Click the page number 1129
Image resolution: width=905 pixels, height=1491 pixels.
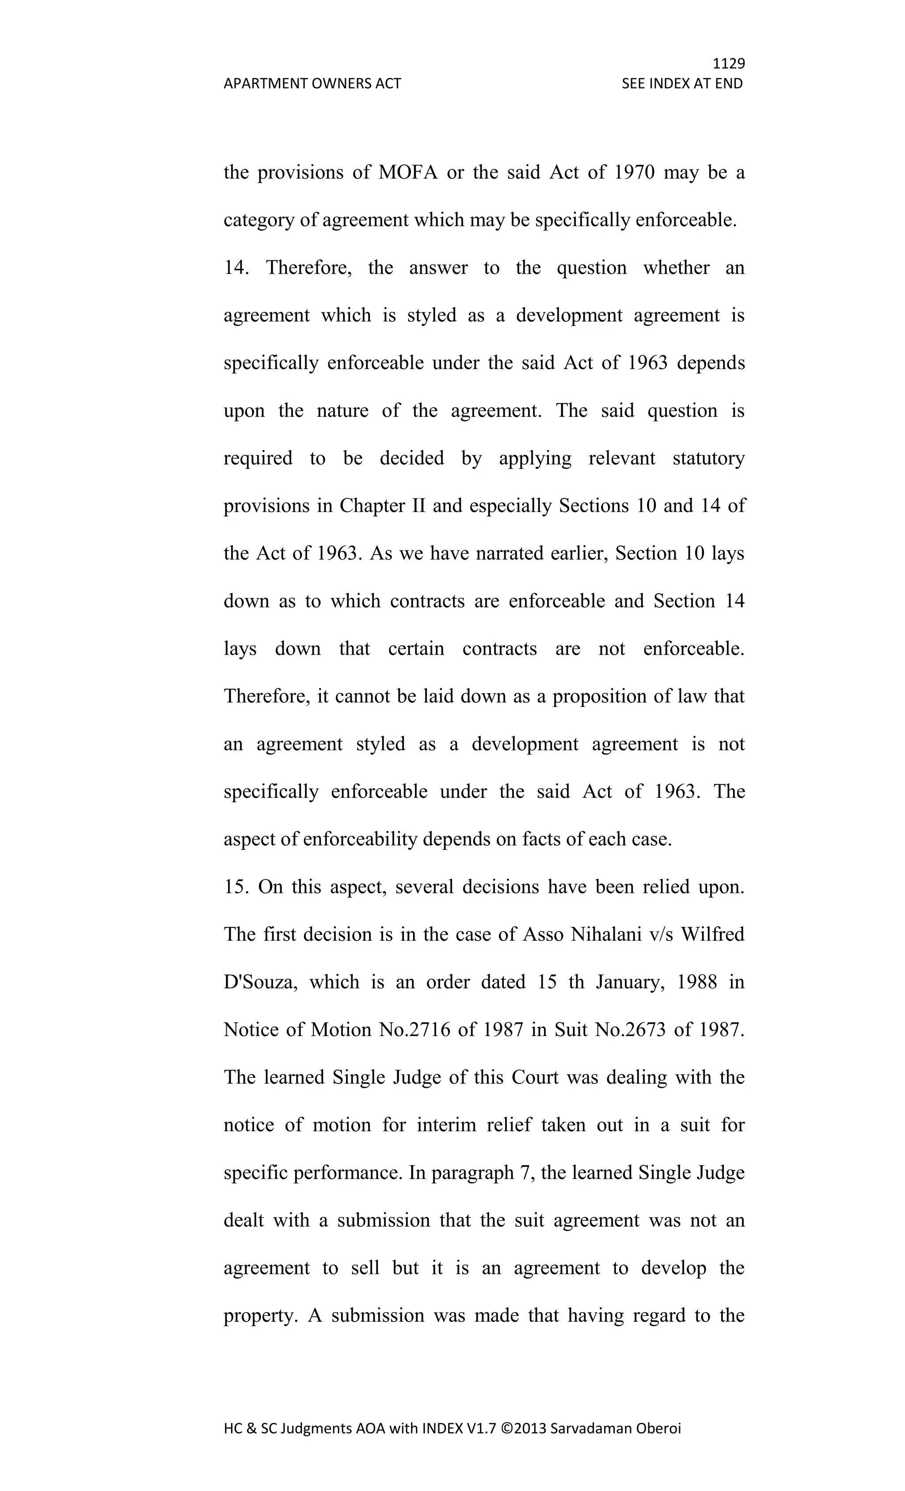728,64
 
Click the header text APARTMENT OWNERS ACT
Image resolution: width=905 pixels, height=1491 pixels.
312,84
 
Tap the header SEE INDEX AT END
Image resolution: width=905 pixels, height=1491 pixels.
682,84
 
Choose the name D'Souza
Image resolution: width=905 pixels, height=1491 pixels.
260,981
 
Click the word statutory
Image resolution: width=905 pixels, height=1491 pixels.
708,458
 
